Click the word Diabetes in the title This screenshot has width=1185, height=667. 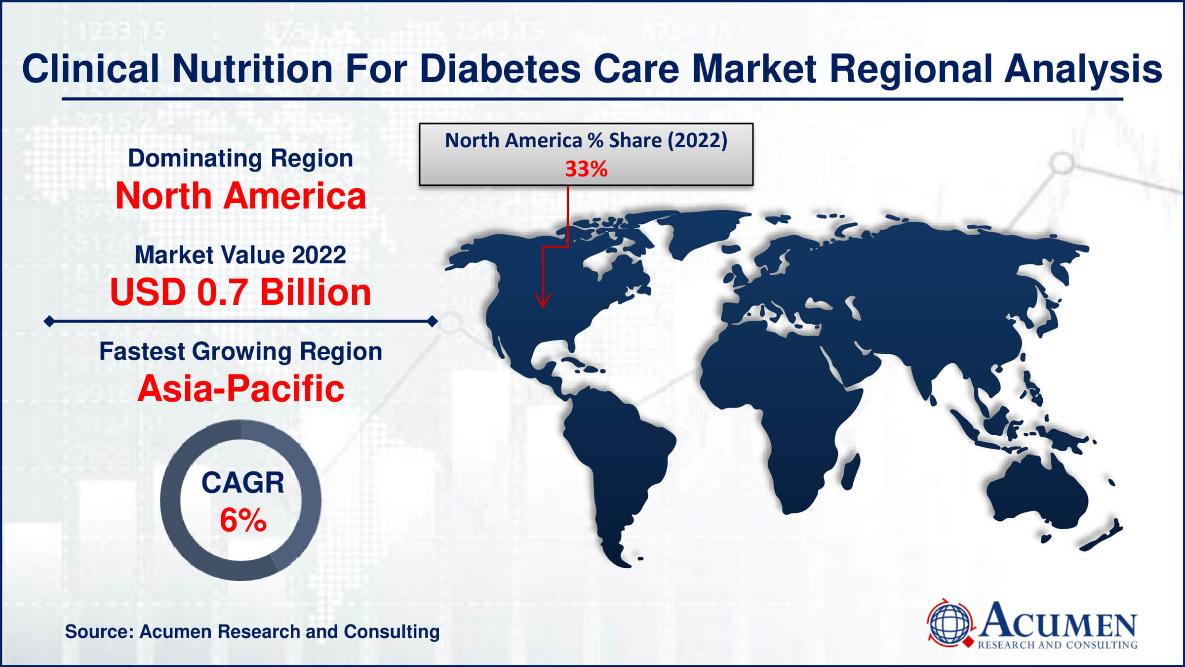[x=500, y=69]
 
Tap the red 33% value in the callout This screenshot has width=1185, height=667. [x=586, y=169]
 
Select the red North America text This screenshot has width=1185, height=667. [x=240, y=196]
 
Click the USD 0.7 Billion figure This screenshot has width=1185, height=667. [x=240, y=292]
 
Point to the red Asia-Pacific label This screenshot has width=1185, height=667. [x=240, y=388]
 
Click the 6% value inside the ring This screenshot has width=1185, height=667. [x=243, y=520]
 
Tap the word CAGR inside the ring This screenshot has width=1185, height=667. [x=243, y=483]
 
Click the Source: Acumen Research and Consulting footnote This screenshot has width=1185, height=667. [x=252, y=631]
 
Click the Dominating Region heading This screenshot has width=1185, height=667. [x=240, y=159]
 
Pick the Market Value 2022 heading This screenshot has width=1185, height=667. [x=240, y=255]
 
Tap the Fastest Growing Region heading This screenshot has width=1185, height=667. [x=240, y=352]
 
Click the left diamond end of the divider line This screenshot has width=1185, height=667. [x=49, y=322]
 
